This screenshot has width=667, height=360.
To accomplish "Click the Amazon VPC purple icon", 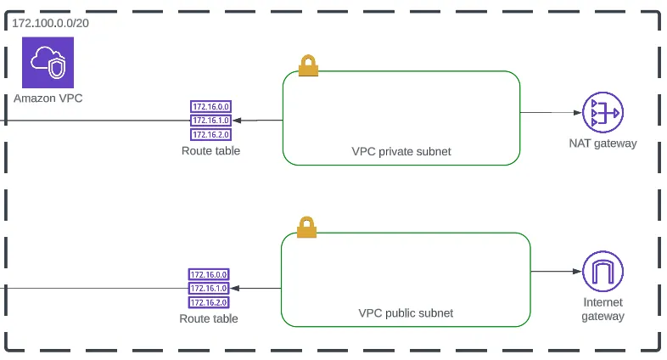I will click(x=48, y=62).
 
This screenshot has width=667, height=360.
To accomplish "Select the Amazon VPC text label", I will click(x=48, y=98).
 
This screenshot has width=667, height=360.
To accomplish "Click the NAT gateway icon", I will click(x=603, y=114).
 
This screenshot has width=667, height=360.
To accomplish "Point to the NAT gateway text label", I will click(x=603, y=143).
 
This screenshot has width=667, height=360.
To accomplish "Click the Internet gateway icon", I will click(x=603, y=273).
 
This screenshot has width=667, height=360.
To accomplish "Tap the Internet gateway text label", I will click(x=603, y=310).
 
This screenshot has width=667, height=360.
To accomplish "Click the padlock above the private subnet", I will click(x=307, y=65).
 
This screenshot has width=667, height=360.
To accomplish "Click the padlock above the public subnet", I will click(x=306, y=227).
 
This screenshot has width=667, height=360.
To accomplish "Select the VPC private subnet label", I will click(x=401, y=151).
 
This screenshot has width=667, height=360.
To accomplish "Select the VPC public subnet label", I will click(x=406, y=312).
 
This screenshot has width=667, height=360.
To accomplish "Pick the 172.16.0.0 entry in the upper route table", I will click(x=210, y=107).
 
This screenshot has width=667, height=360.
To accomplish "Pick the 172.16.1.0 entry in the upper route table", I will click(x=210, y=121).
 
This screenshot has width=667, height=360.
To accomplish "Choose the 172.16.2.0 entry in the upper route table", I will click(x=210, y=134).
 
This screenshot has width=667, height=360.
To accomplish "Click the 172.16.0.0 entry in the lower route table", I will click(x=209, y=274).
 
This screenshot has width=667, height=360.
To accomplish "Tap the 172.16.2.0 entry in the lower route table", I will click(x=209, y=302).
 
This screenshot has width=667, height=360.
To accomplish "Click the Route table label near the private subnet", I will click(x=210, y=151).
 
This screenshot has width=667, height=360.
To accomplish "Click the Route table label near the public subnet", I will click(x=209, y=319).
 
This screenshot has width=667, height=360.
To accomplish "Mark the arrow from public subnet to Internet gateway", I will click(x=555, y=273).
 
